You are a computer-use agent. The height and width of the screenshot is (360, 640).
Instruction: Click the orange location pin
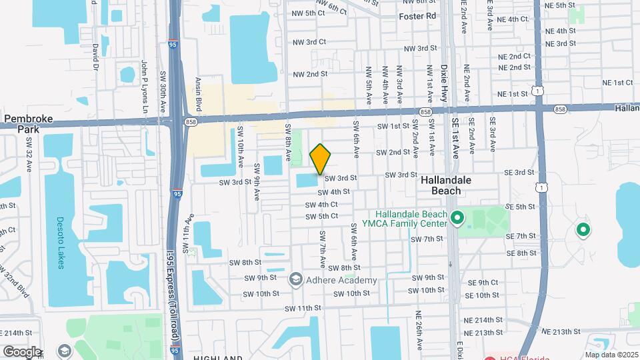[x=321, y=159]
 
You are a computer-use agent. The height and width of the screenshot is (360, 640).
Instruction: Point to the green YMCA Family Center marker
[x=457, y=218]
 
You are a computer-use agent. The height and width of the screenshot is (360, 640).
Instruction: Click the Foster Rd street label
[x=417, y=15]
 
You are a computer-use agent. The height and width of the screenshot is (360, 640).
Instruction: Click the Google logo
[x=21, y=351]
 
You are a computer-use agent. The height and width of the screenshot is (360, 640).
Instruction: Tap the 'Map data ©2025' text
[x=611, y=355]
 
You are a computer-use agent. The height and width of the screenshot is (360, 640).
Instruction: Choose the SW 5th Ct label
[x=321, y=217]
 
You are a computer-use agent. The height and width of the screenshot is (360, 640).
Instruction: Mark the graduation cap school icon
[x=64, y=351]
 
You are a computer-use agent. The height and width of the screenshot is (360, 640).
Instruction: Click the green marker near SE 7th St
[x=583, y=231]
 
